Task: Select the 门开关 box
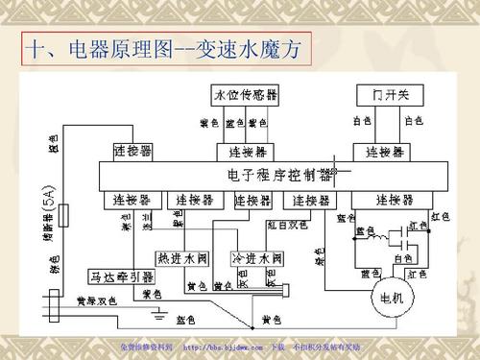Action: (x=384, y=96)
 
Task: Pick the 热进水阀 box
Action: (x=180, y=258)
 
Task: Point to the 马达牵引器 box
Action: (x=114, y=275)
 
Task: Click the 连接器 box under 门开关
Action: (x=384, y=152)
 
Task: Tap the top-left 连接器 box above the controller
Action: (x=132, y=152)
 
